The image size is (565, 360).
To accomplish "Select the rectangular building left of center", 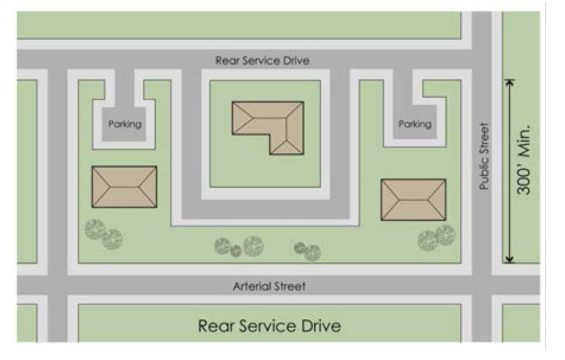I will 124,187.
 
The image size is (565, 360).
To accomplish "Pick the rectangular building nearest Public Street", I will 413,199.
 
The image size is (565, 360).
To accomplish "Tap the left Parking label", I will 125,124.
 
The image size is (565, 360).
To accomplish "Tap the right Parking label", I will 415,124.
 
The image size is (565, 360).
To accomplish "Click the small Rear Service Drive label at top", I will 262,61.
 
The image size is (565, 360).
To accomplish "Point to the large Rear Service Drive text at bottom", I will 270,325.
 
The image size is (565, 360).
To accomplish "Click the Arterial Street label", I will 269,286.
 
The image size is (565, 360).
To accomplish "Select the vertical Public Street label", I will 485,157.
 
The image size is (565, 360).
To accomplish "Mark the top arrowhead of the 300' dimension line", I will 510,82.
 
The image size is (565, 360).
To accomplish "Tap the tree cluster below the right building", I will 437,237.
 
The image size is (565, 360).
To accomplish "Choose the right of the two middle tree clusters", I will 308,250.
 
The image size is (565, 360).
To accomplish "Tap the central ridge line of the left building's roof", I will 124,187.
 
